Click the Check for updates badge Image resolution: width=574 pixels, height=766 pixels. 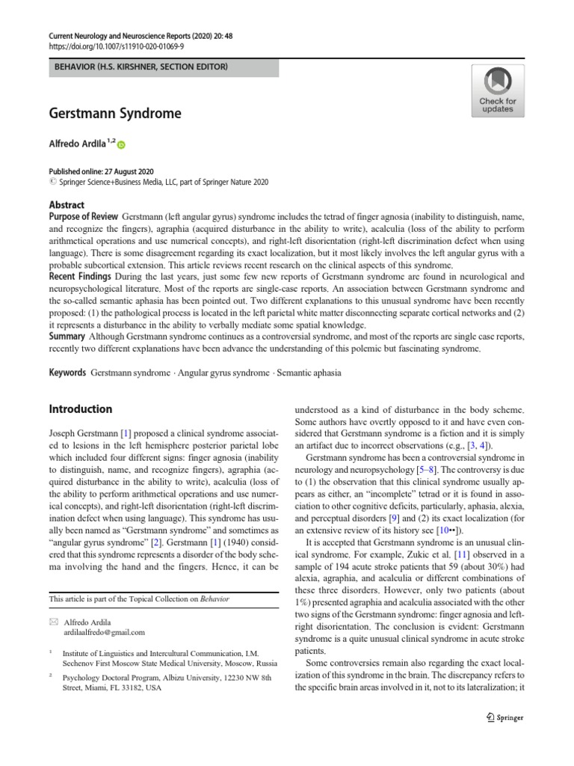point(497,91)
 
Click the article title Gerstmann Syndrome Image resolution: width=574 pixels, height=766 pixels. point(115,114)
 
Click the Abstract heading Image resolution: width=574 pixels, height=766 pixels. point(67,204)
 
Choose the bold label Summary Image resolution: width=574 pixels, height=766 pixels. point(68,337)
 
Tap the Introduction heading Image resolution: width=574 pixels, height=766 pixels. point(80,409)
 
